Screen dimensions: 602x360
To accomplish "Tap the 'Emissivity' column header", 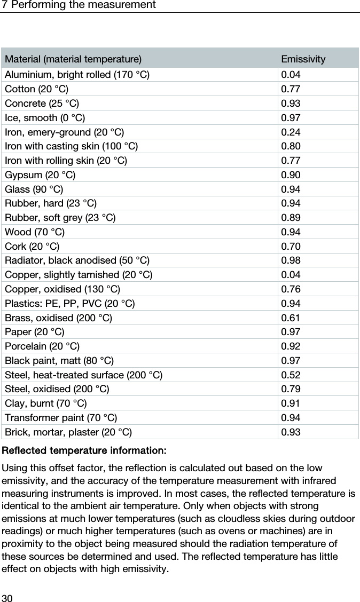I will [303, 59].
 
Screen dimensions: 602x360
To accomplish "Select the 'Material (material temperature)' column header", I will [73, 59].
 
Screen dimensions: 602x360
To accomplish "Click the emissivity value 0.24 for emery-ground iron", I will [291, 131].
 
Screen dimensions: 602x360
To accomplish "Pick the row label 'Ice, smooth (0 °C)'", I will [44, 117].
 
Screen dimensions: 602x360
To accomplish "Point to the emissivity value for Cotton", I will [291, 88].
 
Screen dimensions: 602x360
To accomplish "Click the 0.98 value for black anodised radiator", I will [291, 261].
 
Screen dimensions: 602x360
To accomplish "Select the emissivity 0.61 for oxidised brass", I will [291, 319].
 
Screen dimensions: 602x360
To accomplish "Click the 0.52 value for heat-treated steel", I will [291, 376].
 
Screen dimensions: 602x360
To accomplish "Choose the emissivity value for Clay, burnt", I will [291, 405].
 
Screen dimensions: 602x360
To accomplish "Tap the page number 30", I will [7, 596].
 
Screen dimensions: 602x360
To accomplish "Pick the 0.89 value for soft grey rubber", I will [291, 218].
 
